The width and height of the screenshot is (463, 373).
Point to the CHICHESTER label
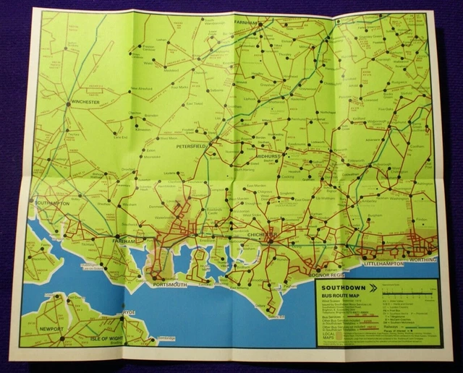coord(263,236)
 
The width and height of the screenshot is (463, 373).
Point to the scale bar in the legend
coord(413,294)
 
